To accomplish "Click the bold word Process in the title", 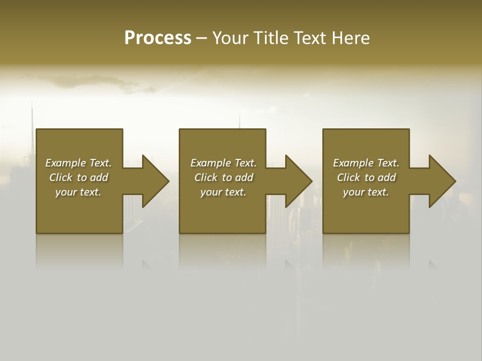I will [x=158, y=38].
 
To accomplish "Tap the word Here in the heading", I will [x=350, y=38].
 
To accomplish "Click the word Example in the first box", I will [x=65, y=163].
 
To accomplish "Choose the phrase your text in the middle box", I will [x=223, y=192].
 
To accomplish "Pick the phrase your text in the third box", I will [x=366, y=192].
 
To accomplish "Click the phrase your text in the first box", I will [x=78, y=192].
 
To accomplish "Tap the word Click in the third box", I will [x=348, y=177].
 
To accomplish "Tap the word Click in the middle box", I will [x=206, y=177].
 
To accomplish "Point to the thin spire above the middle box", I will [x=240, y=120].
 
